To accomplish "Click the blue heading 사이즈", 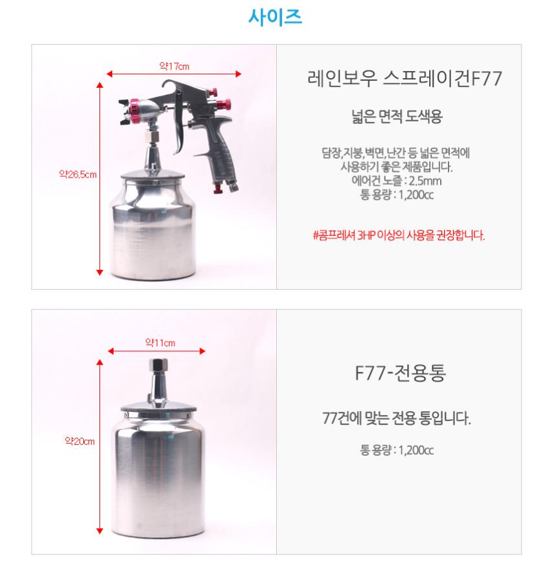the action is (x=275, y=17).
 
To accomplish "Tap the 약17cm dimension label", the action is (x=174, y=66).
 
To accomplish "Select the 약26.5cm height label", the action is (x=77, y=174).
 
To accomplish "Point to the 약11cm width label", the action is (x=160, y=343).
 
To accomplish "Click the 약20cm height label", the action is (x=79, y=441).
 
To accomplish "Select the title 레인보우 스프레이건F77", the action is (x=405, y=78).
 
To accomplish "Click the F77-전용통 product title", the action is (x=400, y=373).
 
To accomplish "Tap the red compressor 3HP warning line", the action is (x=399, y=235).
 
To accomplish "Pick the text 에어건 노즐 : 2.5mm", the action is (x=396, y=181).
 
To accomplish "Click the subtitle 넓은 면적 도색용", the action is (x=397, y=116).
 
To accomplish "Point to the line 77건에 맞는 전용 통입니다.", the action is (x=396, y=418).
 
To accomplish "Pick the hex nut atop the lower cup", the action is (x=158, y=364).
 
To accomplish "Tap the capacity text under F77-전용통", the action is (x=396, y=450).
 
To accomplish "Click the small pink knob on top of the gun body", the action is (x=213, y=92).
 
